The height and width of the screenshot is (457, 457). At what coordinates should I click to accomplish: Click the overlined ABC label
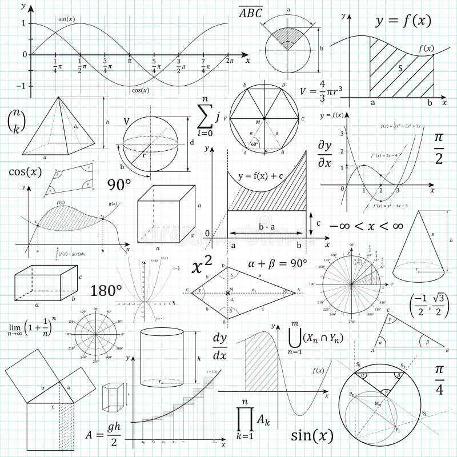tap(251, 12)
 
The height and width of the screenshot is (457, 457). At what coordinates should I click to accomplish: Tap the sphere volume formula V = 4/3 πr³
tap(321, 90)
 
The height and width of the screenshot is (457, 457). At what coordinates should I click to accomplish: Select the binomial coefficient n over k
tap(17, 121)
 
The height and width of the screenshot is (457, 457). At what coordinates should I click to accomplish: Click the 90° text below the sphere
tap(119, 185)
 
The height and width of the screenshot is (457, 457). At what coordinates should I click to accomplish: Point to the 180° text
tap(106, 290)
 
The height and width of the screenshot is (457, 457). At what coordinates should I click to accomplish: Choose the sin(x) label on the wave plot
tap(67, 19)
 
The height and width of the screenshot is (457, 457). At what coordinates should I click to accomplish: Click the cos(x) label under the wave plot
tap(140, 90)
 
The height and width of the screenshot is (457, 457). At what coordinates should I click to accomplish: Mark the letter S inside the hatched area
tap(400, 68)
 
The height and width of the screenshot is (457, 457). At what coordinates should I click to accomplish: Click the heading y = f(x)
tap(403, 22)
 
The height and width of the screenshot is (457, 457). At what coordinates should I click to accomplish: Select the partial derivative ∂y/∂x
tap(324, 154)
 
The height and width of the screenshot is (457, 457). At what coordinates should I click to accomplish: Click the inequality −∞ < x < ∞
tap(366, 226)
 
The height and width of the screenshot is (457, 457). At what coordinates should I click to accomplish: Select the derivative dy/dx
tap(220, 346)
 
